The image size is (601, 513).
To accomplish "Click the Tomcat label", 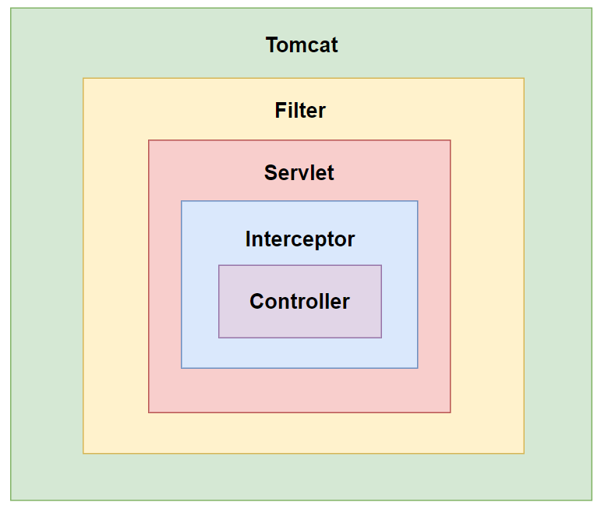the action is click(x=302, y=45).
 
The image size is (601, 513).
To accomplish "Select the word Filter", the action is click(x=300, y=111).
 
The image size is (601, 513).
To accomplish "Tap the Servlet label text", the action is click(x=299, y=172).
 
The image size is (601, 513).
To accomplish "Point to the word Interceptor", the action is click(x=300, y=239).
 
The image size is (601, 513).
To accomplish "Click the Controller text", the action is click(x=299, y=302).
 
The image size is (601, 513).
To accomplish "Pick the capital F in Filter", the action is click(x=280, y=111).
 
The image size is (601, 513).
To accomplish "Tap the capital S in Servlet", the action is click(x=270, y=172).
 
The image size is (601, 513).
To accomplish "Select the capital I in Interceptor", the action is click(x=248, y=239).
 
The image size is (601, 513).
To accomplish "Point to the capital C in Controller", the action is click(x=257, y=302).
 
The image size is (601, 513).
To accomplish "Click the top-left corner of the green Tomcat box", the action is click(x=11, y=8).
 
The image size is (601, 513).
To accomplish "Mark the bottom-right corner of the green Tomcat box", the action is click(x=592, y=500).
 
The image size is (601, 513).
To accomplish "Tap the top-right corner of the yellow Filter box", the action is click(x=524, y=78).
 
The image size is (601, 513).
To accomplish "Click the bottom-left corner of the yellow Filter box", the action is click(x=83, y=454).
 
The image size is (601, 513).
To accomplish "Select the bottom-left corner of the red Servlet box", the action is click(x=149, y=412).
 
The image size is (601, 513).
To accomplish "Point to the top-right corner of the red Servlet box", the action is click(x=451, y=140).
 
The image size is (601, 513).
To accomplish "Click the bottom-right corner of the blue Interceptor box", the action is click(x=418, y=368).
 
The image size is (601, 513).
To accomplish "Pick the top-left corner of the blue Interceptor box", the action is click(x=182, y=201).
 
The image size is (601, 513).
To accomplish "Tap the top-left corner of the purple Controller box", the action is click(x=219, y=265).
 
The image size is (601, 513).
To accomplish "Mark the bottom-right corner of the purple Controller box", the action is click(x=381, y=338).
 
